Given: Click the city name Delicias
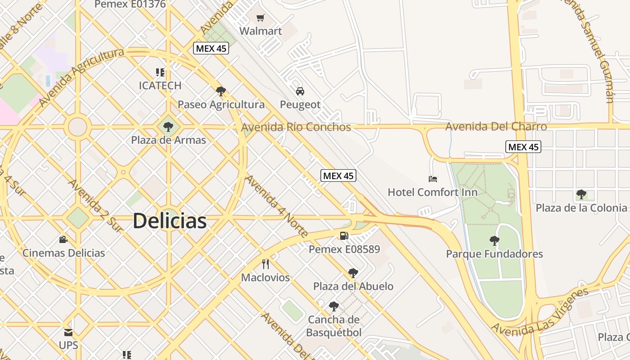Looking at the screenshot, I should coord(170,221).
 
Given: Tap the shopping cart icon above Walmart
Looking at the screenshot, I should coord(260,18).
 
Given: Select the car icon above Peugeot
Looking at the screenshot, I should coord(300,91).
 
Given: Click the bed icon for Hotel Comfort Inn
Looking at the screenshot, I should coord(433,179).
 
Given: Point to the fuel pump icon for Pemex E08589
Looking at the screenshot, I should coord(344,235).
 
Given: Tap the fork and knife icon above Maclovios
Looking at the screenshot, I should coord(265,264).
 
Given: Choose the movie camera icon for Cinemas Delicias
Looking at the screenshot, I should coord(63,239).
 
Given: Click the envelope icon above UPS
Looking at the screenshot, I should coord(68,333).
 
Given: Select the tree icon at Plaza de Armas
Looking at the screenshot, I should coord(168,127).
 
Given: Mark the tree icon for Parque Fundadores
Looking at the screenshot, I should coord(495,241).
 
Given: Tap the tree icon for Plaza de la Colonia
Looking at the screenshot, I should coord(581,194).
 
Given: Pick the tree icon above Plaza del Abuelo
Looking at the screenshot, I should coord(353,273).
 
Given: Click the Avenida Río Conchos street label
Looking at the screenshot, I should coord(296,127).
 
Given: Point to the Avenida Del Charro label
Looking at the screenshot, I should coord(496,126).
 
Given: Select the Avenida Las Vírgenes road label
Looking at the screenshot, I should coord(539,311).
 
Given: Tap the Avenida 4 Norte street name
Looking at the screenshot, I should coord(276,206).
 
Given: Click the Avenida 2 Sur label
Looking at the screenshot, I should coord(95,206).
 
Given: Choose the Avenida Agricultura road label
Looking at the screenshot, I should coord(81,77).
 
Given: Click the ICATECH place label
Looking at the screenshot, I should coord(160,85).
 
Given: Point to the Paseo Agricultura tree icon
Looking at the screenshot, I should coord(220,91).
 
